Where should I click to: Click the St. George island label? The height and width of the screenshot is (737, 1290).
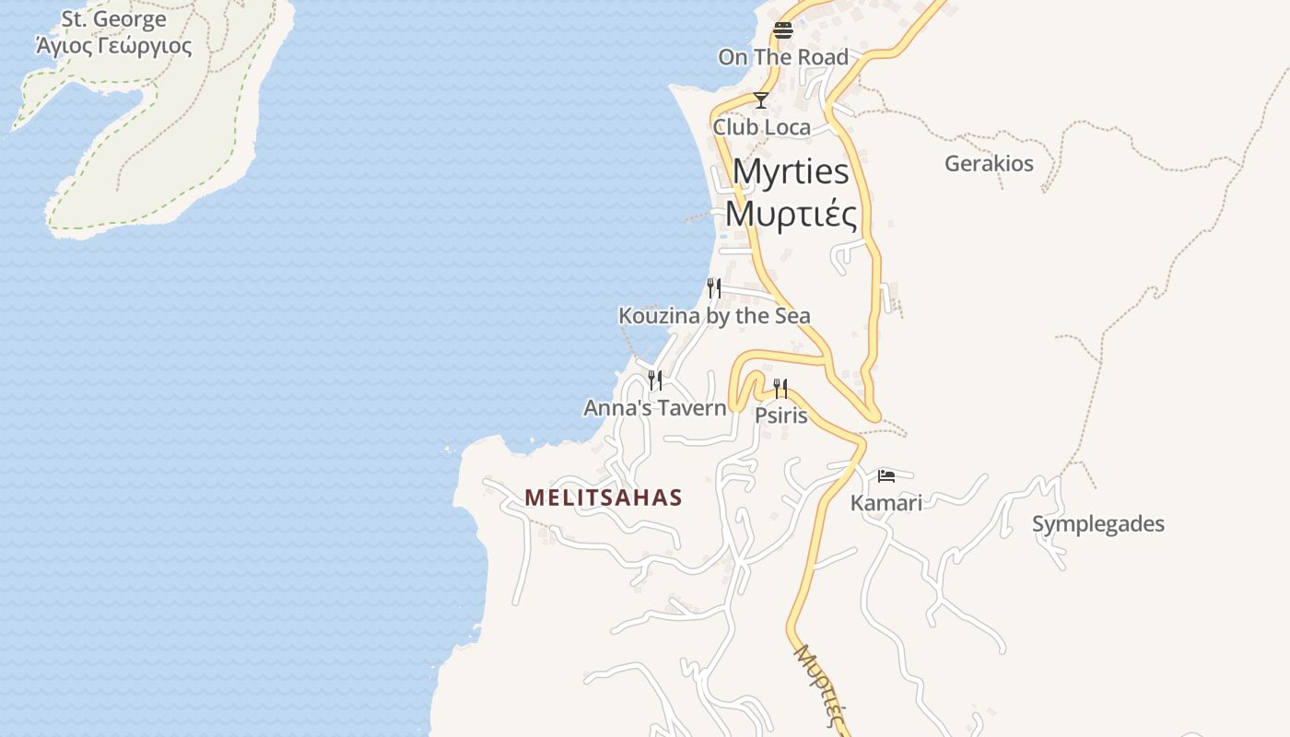coord(114,19)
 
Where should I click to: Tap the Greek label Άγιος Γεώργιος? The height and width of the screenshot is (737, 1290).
coord(114,45)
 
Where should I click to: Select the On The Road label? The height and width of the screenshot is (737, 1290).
coord(783,57)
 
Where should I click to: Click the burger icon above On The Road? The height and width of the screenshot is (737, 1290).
coord(783,29)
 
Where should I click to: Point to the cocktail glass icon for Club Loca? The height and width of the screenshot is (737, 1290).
coord(761,99)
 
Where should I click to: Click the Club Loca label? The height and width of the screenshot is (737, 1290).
coord(762,127)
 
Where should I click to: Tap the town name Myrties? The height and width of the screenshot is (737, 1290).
coord(791,172)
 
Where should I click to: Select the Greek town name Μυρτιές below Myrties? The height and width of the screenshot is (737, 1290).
coord(791,214)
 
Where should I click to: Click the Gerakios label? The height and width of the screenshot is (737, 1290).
coord(989,164)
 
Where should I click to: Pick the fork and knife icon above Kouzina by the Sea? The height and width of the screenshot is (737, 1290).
coord(713,288)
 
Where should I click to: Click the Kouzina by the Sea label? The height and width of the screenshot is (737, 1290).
coord(714,316)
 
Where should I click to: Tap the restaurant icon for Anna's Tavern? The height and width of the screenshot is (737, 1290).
coord(655,380)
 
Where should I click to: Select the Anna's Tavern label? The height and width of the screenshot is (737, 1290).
coord(655,407)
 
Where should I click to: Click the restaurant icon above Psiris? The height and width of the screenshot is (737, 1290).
coord(780,388)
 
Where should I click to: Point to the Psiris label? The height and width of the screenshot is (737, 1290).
coord(781,415)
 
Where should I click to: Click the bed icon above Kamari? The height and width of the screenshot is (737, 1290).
coord(886,475)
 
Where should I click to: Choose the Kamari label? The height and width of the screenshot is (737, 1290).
coord(885,503)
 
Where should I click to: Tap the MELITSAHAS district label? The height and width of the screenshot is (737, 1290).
coord(604,498)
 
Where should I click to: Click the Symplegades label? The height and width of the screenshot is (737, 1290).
coord(1098,524)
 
